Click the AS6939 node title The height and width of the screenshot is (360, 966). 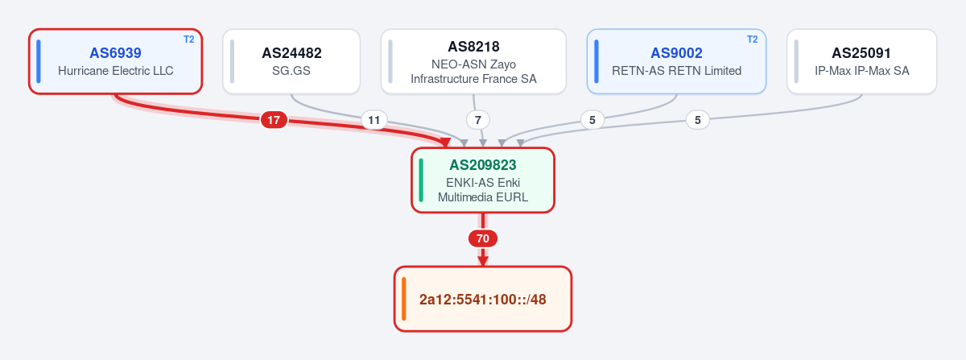115,53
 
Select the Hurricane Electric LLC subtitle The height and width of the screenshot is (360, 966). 116,71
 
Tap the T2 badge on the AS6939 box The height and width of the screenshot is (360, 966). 189,39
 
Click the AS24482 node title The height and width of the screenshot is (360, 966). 291,53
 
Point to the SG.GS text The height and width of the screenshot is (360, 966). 291,71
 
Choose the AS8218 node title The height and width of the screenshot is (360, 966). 473,47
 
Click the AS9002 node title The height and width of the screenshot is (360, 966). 676,53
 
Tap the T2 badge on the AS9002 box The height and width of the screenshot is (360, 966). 752,39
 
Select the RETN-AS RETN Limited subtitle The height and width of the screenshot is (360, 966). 676,71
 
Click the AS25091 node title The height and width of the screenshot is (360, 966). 861,53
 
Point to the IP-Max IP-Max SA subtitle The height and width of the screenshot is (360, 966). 861,71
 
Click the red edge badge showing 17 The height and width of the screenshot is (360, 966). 274,120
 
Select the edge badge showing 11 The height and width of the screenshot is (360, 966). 374,120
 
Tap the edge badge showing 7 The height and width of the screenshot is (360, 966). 478,120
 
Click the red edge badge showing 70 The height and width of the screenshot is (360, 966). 483,238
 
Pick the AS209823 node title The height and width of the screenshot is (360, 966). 482,165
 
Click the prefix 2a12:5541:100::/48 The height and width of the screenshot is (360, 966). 482,300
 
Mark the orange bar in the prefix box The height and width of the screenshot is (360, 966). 403,299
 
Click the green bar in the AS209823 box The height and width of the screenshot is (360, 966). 421,180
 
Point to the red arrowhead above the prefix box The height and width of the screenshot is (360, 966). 483,261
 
